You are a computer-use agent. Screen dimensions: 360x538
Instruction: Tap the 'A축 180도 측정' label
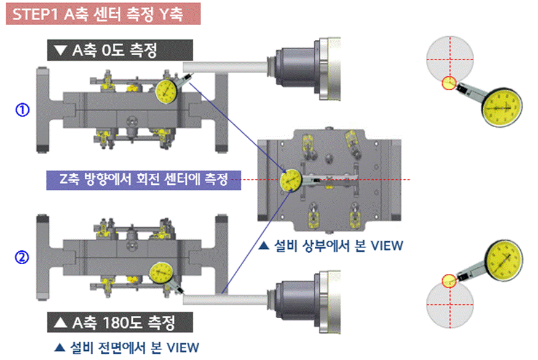pyautogui.click(x=120, y=321)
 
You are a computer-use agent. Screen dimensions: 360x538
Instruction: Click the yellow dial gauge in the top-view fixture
pyautogui.click(x=290, y=180)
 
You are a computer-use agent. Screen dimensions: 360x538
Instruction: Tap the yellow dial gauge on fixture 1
pyautogui.click(x=168, y=92)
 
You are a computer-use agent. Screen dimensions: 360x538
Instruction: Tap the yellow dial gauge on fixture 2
pyautogui.click(x=160, y=273)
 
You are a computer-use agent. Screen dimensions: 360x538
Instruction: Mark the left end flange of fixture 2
pyautogui.click(x=45, y=257)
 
